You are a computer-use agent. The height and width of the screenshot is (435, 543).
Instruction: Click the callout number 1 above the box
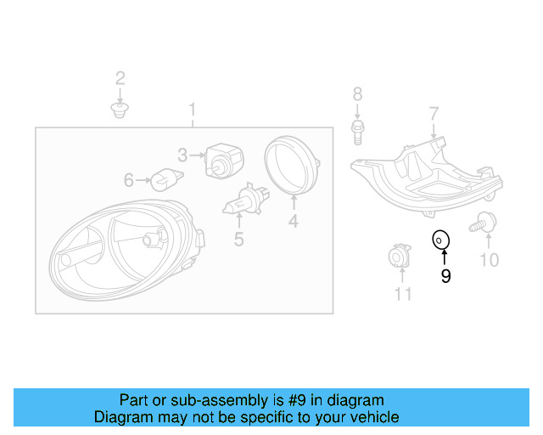(193, 110)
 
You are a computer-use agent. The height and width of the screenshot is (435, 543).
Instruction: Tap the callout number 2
(120, 79)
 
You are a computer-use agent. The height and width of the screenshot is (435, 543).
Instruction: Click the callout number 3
(182, 155)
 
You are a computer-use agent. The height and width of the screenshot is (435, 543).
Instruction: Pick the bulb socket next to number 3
(224, 159)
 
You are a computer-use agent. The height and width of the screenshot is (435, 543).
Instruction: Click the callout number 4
(293, 222)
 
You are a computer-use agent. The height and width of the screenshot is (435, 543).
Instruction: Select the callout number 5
(239, 240)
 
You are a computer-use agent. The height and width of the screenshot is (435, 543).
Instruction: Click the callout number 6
(129, 180)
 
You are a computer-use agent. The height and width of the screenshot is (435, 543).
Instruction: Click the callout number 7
(434, 113)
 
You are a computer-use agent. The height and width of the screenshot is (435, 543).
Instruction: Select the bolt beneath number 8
(357, 130)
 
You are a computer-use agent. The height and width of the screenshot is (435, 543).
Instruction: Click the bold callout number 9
(445, 275)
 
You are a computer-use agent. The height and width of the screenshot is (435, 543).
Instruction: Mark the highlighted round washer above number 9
(440, 240)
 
